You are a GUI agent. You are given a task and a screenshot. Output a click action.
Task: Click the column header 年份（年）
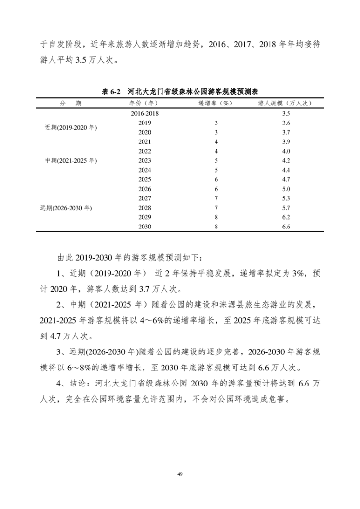pyautogui.click(x=144, y=104)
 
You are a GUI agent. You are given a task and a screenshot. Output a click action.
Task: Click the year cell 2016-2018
pyautogui.click(x=144, y=113)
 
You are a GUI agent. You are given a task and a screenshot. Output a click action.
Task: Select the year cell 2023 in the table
pyautogui.click(x=144, y=160)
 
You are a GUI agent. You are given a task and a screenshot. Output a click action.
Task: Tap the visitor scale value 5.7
pyautogui.click(x=286, y=208)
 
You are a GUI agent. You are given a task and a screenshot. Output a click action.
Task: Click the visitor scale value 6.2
pyautogui.click(x=286, y=217)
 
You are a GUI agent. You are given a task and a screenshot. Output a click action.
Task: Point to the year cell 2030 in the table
pyautogui.click(x=144, y=227)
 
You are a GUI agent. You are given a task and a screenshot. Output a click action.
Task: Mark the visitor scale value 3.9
pyautogui.click(x=286, y=141)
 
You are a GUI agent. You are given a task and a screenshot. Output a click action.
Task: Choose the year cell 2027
pyautogui.click(x=144, y=198)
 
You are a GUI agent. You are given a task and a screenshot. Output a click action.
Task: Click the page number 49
pyautogui.click(x=180, y=473)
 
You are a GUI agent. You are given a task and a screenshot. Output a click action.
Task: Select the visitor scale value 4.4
pyautogui.click(x=286, y=170)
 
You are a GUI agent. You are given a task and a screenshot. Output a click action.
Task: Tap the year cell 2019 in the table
pyautogui.click(x=144, y=123)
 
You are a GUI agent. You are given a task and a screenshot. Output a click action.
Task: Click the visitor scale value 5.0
pyautogui.click(x=286, y=189)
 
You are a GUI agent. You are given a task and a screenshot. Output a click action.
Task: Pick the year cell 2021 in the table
pyautogui.click(x=144, y=141)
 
